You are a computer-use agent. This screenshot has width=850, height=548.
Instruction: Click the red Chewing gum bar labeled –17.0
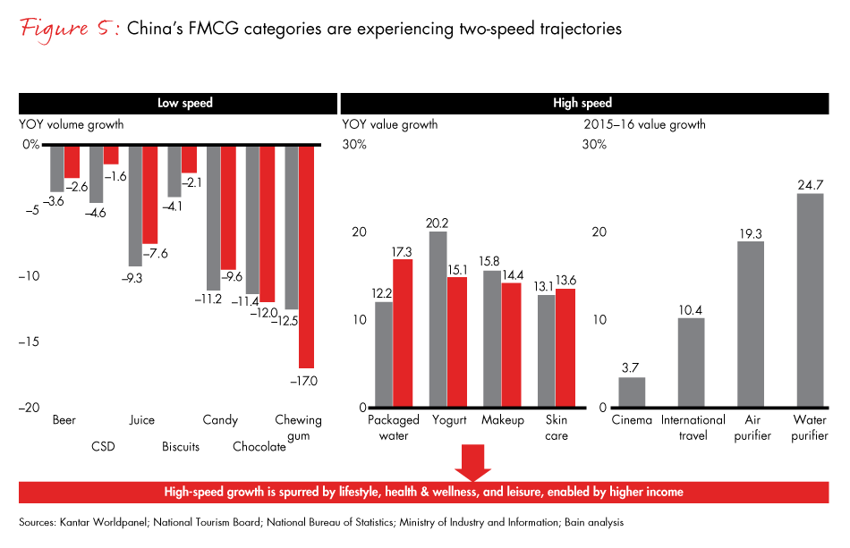click(x=306, y=256)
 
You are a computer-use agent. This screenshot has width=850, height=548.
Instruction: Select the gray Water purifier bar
click(x=809, y=300)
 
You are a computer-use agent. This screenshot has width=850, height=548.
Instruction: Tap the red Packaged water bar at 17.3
click(x=402, y=333)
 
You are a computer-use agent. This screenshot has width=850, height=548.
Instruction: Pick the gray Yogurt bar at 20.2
click(x=438, y=319)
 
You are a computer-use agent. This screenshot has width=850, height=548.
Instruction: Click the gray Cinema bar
click(x=632, y=392)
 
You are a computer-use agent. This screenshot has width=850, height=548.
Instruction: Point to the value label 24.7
click(x=809, y=184)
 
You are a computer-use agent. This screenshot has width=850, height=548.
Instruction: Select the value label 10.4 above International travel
click(x=691, y=309)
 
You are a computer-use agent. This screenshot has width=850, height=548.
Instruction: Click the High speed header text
click(x=582, y=103)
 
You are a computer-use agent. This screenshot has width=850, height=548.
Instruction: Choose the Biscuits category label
click(x=181, y=446)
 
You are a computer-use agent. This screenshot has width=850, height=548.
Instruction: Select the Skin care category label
click(x=557, y=427)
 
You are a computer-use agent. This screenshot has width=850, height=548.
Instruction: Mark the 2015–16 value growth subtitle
click(x=644, y=124)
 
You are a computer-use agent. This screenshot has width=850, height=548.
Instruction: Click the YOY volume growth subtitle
click(x=72, y=124)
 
